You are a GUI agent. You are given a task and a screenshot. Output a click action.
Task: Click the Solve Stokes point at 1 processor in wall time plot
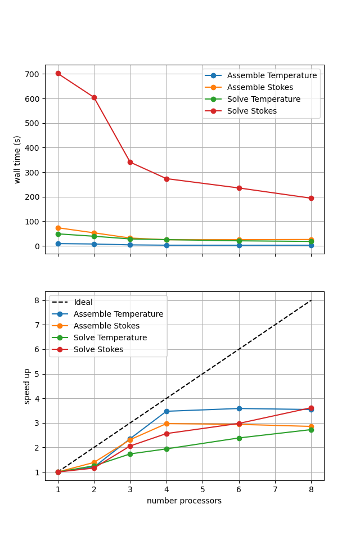(x=58, y=74)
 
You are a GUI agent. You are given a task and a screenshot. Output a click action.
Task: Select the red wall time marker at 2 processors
(x=94, y=97)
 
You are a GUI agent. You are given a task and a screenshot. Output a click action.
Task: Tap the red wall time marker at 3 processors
(x=130, y=162)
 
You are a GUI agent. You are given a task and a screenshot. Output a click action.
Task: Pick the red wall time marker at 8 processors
(x=311, y=198)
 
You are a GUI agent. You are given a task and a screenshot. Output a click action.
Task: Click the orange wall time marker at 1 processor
(x=58, y=228)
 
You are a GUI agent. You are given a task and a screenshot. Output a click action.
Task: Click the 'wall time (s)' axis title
(x=17, y=159)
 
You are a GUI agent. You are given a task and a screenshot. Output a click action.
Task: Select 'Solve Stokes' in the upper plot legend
(x=251, y=111)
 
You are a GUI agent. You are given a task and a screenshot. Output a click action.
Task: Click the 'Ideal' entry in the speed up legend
(x=83, y=303)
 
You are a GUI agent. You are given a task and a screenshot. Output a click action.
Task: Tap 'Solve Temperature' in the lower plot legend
(x=110, y=338)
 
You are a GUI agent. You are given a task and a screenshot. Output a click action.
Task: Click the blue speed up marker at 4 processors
(x=166, y=411)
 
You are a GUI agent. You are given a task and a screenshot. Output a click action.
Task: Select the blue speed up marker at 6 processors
(x=239, y=408)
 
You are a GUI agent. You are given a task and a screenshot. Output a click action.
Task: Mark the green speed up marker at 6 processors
(x=239, y=438)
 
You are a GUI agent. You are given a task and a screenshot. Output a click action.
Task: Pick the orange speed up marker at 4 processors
(x=166, y=424)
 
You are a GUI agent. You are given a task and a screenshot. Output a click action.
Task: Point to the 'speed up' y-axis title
(x=26, y=386)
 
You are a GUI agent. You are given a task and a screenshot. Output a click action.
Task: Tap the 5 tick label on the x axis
(x=202, y=490)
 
